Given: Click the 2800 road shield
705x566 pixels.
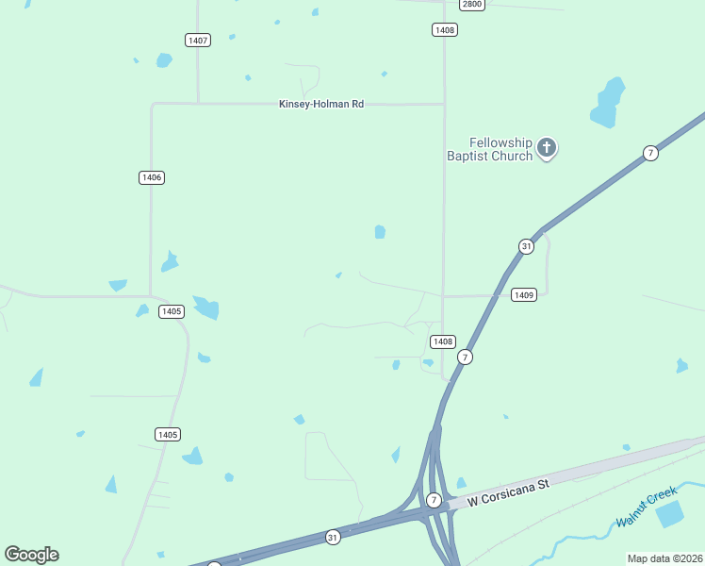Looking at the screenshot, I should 472,5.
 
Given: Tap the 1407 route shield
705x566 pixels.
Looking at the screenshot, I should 198,40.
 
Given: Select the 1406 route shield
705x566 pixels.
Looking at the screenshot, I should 151,177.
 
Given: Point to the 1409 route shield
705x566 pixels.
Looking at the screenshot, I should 525,295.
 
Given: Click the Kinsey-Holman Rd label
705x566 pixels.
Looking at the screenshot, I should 321,104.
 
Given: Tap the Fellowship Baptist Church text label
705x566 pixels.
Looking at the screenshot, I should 490,149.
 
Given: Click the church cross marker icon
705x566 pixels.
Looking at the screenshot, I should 547,147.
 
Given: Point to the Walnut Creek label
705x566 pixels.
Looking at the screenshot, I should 648,506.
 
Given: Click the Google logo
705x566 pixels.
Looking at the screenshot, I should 31,555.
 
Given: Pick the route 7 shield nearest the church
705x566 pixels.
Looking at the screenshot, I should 650,153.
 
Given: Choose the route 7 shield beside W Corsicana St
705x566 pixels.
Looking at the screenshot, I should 434,499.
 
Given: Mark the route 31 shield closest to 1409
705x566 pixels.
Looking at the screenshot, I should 526,246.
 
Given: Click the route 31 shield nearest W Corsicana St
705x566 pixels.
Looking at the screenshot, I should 333,537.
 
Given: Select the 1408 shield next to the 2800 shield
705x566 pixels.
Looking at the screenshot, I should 445,30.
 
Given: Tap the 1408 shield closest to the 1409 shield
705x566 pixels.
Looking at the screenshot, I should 443,341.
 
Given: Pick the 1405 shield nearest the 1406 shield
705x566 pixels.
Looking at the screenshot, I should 172,311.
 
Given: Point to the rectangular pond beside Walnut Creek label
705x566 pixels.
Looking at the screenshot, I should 669,514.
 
